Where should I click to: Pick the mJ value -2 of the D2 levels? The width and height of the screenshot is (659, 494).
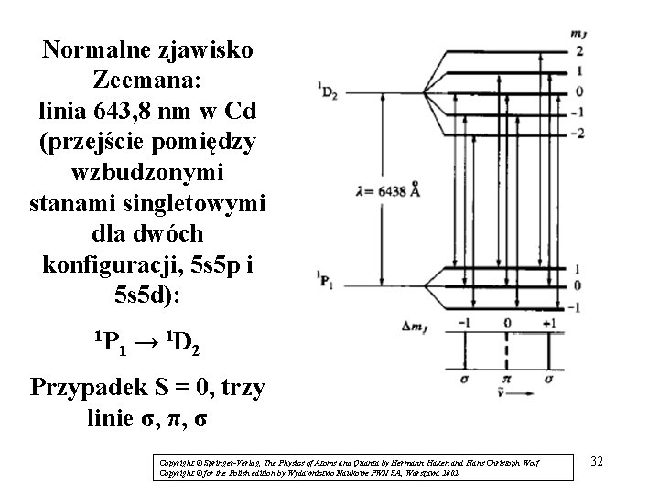point(577,134)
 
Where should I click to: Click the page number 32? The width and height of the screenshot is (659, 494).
point(598,460)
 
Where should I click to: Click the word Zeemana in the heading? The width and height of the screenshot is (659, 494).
point(147,80)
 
